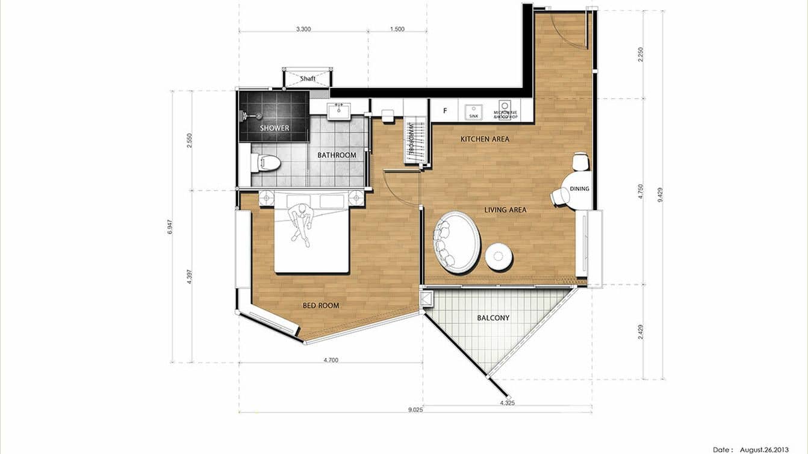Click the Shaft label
pos(308,78)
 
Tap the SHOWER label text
pos(275,128)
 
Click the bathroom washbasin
pos(339,111)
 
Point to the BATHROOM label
pos(337,155)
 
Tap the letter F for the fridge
pos(445,111)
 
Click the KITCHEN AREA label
pos(485,139)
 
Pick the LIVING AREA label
pos(505,210)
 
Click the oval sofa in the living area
pos(457,242)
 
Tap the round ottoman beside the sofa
pos(499,257)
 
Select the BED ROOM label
pos(320,305)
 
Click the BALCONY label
pos(493,317)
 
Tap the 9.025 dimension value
pos(415,410)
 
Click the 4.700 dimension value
pos(331,360)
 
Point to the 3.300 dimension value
pos(303,29)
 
